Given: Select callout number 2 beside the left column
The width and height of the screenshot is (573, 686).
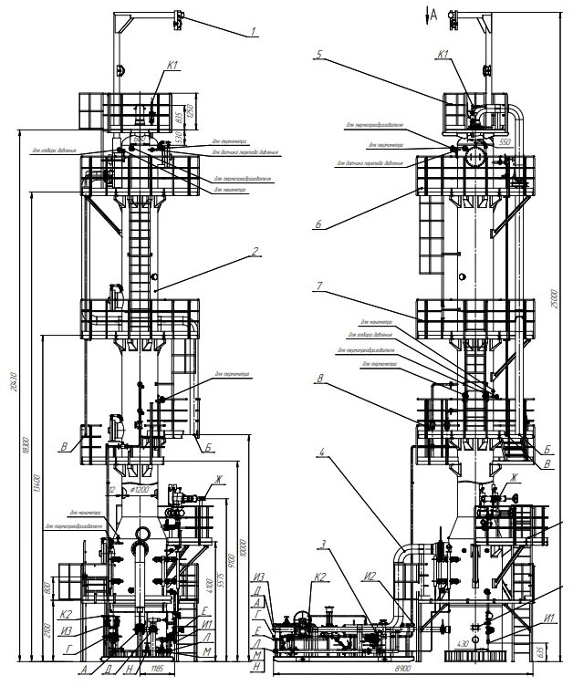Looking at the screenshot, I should tap(258, 252).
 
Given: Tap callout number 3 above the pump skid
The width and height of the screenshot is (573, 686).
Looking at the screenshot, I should tap(322, 545).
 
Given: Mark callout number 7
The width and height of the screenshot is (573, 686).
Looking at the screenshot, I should tap(319, 286).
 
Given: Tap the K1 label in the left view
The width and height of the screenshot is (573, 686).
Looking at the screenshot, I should tap(173, 65).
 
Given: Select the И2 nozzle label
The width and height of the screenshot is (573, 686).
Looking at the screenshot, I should tap(371, 576).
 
